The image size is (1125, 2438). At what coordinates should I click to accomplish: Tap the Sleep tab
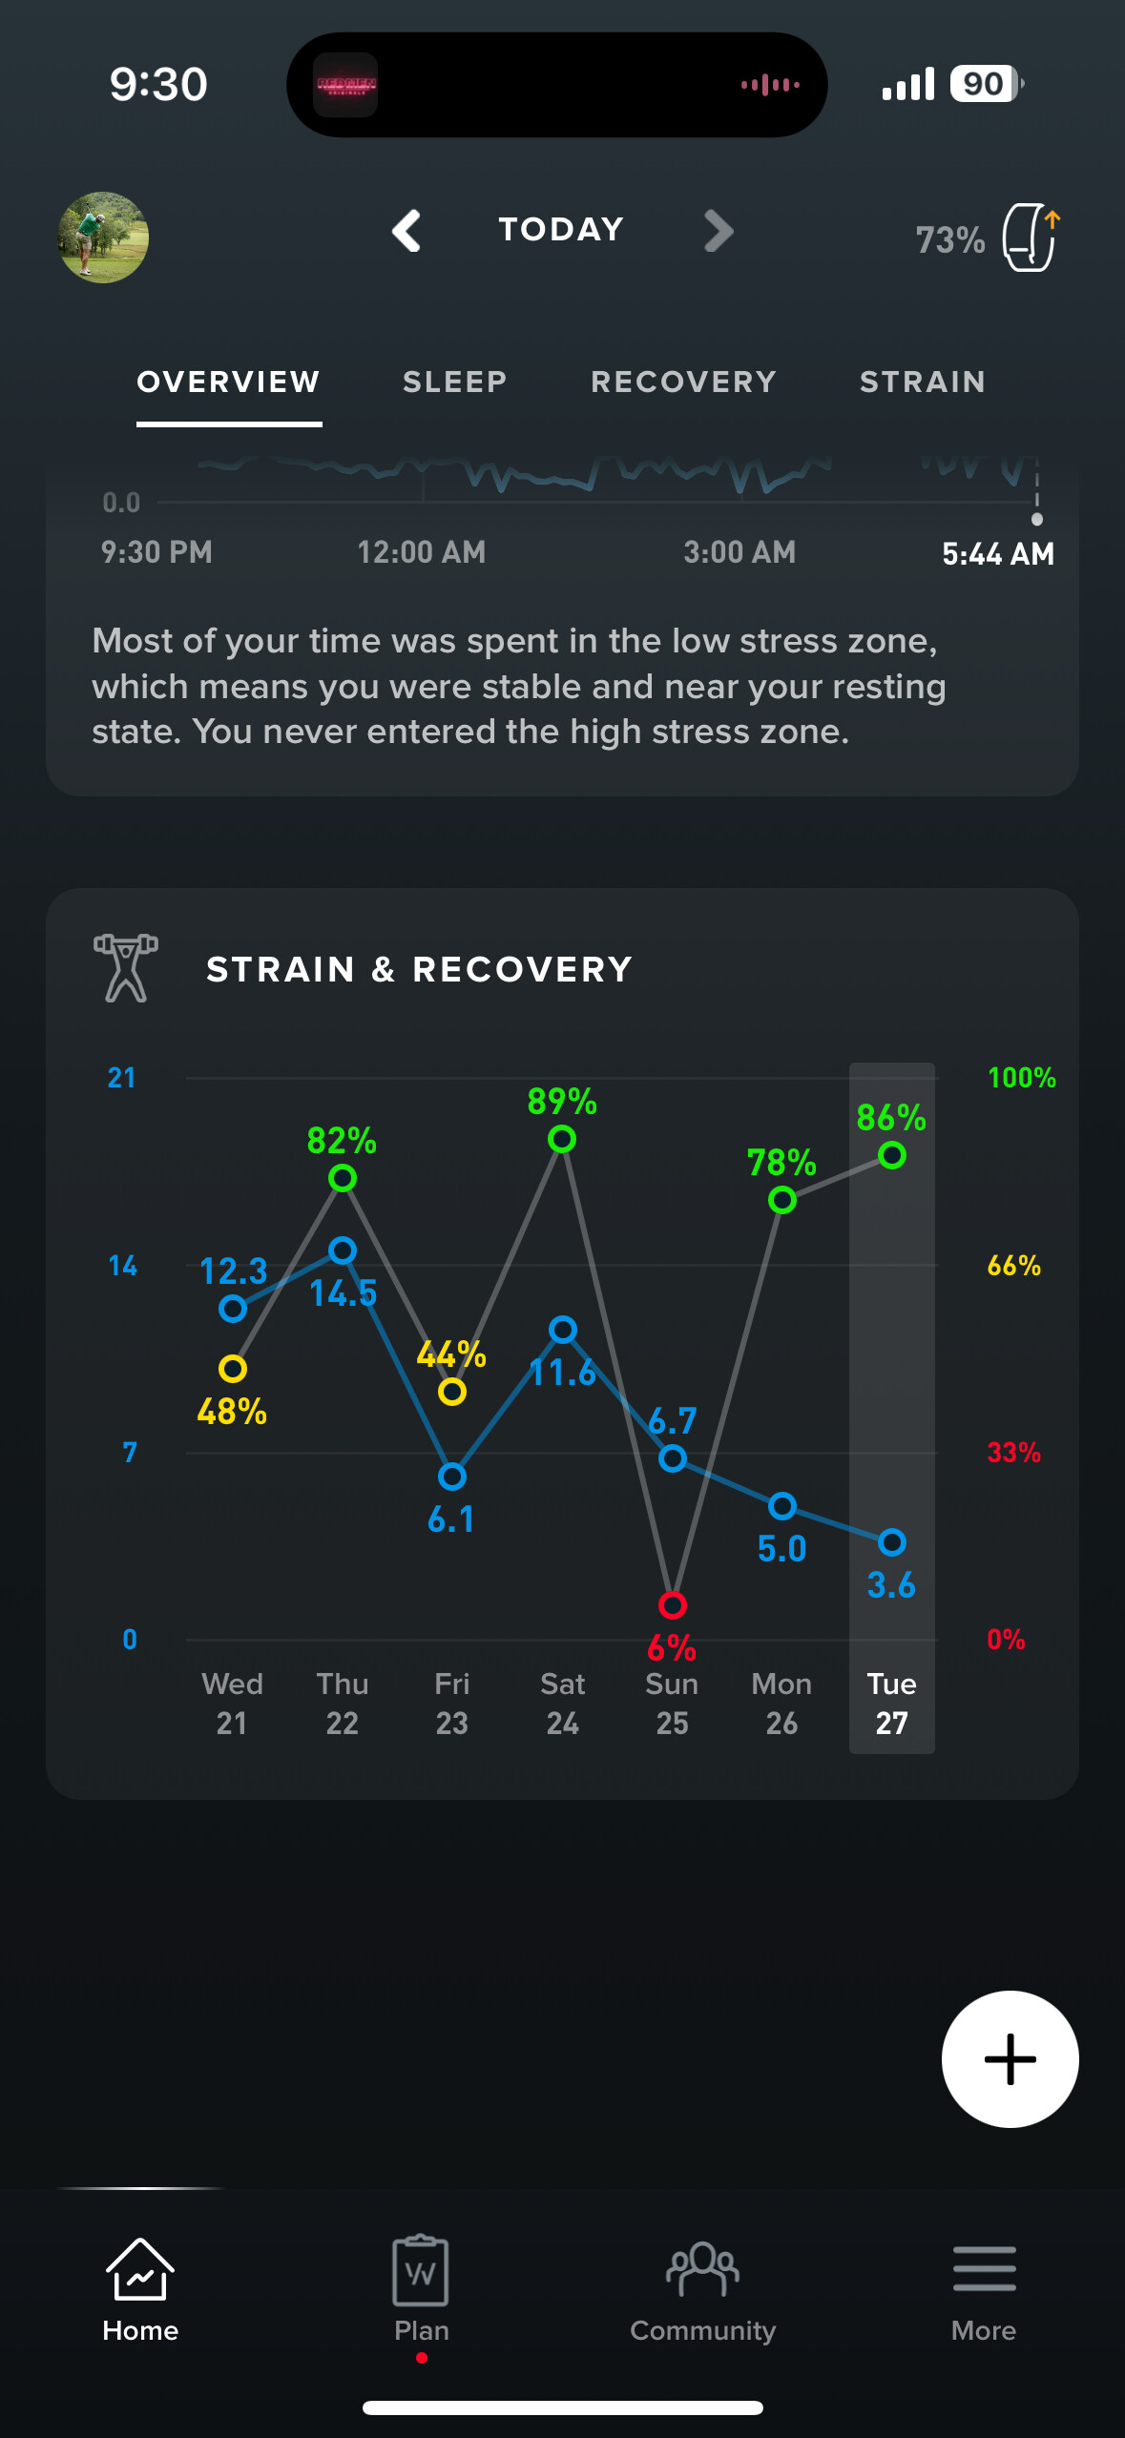[454, 382]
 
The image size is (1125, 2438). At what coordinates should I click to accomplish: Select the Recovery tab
[683, 382]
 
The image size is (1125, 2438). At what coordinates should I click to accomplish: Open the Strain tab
[922, 382]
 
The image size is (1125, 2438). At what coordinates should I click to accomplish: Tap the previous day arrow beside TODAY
[407, 231]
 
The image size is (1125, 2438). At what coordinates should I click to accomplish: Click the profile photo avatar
[103, 238]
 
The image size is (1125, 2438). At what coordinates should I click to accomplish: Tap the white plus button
[1010, 2059]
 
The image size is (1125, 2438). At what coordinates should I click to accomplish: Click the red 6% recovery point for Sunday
[673, 1605]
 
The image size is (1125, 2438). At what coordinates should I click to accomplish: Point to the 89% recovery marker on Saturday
[562, 1139]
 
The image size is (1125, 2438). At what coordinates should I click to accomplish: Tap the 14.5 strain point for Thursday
[343, 1250]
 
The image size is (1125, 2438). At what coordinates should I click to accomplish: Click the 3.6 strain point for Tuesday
[892, 1542]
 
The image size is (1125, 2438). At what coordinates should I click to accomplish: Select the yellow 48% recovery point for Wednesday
[233, 1369]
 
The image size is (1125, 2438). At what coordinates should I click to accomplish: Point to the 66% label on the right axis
[1013, 1266]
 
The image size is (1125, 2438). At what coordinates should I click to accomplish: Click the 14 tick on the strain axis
[123, 1266]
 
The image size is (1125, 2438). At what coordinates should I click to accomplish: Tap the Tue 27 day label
[892, 1704]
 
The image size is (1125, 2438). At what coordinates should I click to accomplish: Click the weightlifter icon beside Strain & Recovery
[126, 968]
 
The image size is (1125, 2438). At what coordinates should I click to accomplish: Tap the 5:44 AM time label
[997, 553]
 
